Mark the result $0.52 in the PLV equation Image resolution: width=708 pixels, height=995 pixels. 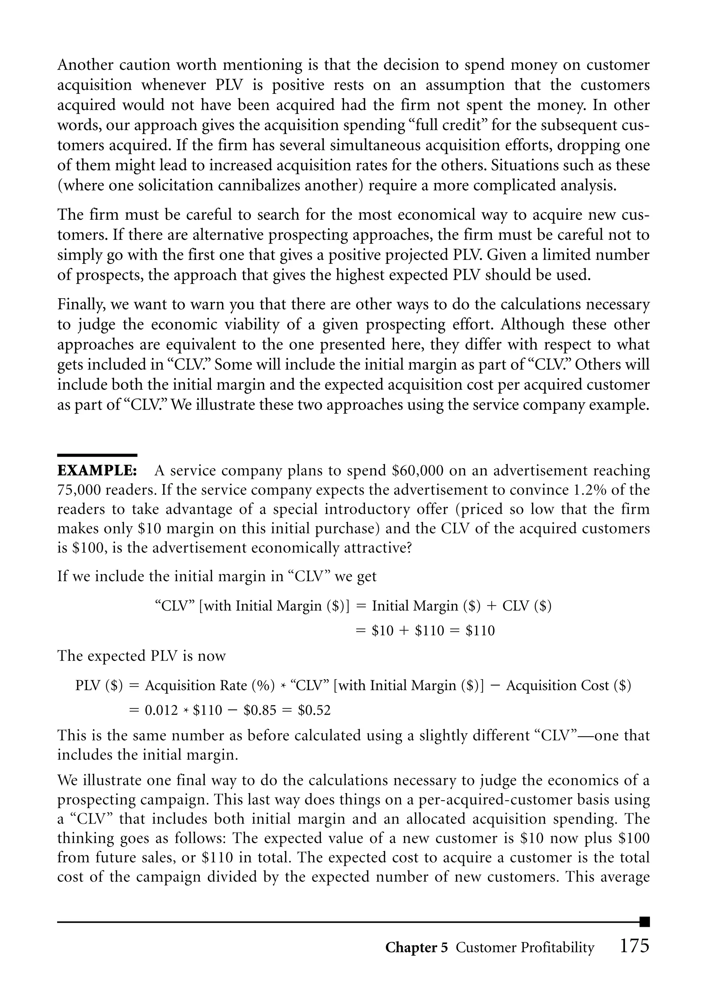point(314,710)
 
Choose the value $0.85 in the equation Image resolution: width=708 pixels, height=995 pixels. point(260,710)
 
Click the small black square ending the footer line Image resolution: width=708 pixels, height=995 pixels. point(645,922)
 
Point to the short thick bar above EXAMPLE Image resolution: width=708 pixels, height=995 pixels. point(97,455)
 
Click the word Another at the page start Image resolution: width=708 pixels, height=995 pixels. point(85,65)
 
